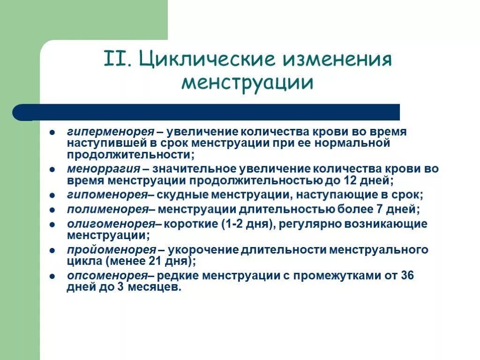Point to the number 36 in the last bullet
click(x=407, y=276)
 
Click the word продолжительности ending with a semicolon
click(x=129, y=155)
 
